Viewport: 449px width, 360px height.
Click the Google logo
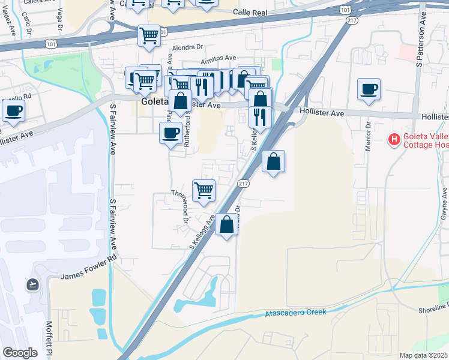click(x=20, y=353)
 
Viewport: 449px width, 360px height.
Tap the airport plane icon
click(x=32, y=284)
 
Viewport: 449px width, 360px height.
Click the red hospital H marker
click(x=394, y=140)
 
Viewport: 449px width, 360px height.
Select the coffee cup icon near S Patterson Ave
click(x=368, y=89)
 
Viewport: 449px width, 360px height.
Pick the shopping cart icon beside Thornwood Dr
click(x=203, y=190)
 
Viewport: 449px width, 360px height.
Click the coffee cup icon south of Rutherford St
click(x=170, y=132)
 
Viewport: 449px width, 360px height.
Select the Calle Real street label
click(x=250, y=11)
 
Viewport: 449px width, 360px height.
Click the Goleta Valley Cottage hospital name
click(x=425, y=140)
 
